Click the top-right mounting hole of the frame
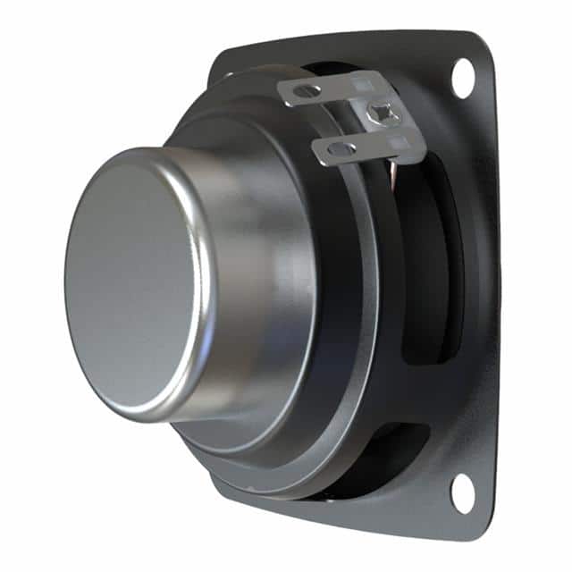(x=463, y=78)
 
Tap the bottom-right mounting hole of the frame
(x=462, y=492)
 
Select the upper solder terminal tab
(x=340, y=89)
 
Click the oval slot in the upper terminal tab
(x=307, y=91)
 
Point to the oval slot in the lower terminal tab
(x=341, y=149)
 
